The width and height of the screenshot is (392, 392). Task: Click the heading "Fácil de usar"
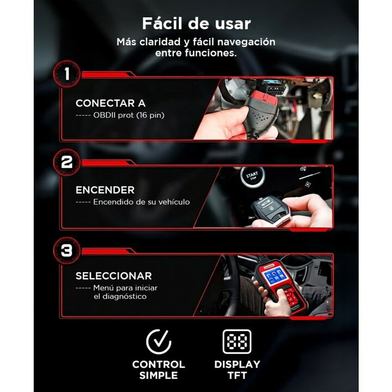click(x=196, y=23)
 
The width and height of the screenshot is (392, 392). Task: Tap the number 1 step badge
click(x=67, y=73)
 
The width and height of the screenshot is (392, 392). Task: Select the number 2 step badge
click(x=67, y=162)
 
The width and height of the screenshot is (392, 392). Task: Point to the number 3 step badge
click(x=67, y=250)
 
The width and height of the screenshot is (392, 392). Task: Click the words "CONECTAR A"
click(x=111, y=103)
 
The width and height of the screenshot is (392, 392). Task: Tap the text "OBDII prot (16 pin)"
click(x=128, y=115)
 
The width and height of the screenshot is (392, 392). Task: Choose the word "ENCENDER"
click(x=105, y=190)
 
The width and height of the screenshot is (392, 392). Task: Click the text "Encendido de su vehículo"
click(x=142, y=202)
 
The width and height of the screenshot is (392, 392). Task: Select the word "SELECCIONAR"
click(x=114, y=276)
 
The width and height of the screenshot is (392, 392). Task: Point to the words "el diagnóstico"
click(x=120, y=297)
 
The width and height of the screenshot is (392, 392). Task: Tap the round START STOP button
click(x=252, y=176)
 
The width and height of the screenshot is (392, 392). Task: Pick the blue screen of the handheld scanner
click(x=274, y=276)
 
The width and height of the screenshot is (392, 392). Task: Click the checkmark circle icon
click(x=158, y=341)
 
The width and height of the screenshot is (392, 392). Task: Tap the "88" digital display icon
click(x=237, y=341)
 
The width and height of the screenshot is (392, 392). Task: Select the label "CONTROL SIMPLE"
click(x=158, y=370)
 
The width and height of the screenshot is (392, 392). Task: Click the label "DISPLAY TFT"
click(x=237, y=370)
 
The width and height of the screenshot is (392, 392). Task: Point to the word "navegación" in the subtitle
click(x=246, y=42)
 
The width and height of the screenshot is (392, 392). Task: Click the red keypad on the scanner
click(x=291, y=297)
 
